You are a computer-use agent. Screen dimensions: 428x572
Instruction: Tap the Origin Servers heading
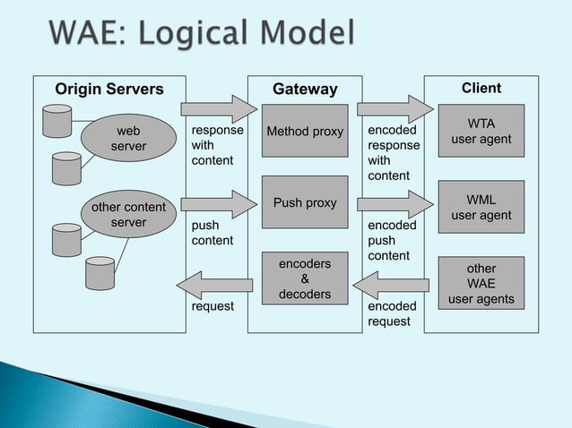click(109, 89)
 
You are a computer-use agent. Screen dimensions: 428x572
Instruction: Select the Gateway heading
click(305, 89)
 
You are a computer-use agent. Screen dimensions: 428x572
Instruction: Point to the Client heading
click(481, 88)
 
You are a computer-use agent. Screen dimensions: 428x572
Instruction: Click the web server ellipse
click(128, 139)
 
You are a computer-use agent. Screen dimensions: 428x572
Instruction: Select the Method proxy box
click(305, 132)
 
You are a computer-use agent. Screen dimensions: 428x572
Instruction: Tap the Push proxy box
click(305, 202)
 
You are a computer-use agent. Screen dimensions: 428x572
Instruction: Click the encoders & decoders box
click(305, 278)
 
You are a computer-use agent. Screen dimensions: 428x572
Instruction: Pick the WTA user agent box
click(481, 131)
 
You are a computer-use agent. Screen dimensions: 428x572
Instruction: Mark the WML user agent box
click(481, 207)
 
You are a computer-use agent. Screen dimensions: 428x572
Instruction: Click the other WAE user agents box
click(481, 284)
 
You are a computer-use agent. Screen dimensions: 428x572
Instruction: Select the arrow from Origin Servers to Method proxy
click(218, 109)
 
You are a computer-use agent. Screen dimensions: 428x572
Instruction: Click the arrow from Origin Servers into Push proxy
click(218, 204)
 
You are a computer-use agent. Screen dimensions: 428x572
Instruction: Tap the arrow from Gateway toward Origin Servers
click(213, 286)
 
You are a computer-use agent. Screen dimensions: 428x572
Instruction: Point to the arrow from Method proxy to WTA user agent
click(394, 109)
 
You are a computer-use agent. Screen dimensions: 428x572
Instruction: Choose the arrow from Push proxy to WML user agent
click(394, 204)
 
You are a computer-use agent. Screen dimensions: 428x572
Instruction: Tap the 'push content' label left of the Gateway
click(212, 233)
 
